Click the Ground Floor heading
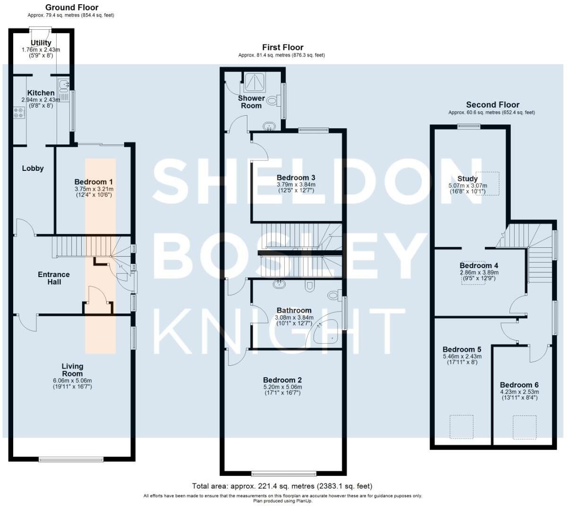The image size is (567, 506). [x=72, y=8]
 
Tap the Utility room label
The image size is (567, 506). [x=41, y=43]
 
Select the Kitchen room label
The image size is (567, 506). [x=41, y=93]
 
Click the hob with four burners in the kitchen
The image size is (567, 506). [x=19, y=113]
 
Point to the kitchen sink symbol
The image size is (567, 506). [x=63, y=86]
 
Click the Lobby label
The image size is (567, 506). [x=33, y=168]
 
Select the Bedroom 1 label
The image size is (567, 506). [x=93, y=182]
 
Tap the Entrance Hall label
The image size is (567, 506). [x=53, y=278]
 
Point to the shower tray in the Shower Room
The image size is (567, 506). [x=255, y=82]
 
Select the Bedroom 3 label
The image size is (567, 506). [x=296, y=178]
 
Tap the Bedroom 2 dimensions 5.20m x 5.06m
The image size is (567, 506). [x=282, y=387]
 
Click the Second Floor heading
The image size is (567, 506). [x=492, y=105]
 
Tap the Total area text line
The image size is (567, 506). [x=282, y=486]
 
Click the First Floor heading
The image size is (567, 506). [x=282, y=47]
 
